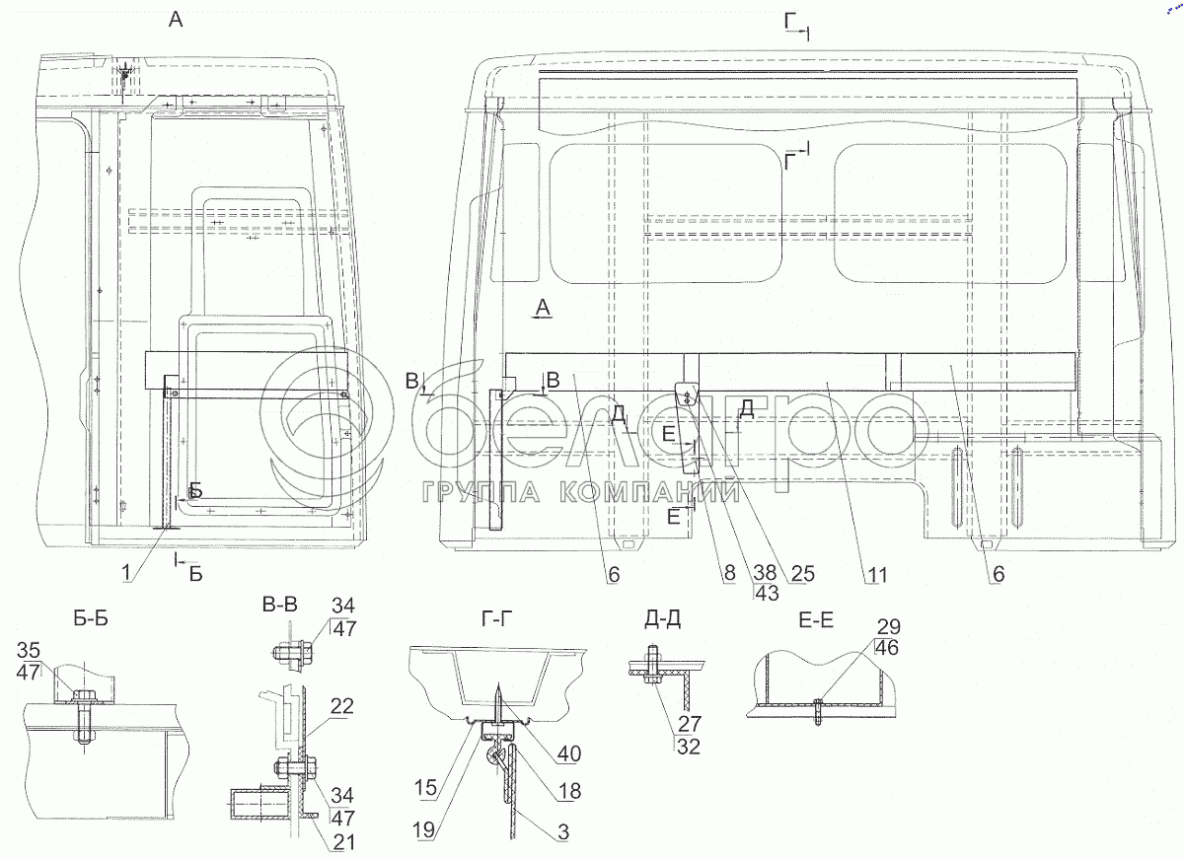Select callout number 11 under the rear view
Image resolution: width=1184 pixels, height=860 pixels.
[877, 575]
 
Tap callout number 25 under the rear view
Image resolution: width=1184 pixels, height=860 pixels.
[802, 573]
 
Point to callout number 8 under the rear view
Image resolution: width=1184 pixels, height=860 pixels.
[729, 573]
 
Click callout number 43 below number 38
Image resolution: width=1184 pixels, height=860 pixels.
[767, 593]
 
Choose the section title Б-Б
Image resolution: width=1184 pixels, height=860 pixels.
[91, 618]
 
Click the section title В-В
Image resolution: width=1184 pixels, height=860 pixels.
[279, 604]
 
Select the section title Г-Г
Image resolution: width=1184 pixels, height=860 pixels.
[497, 618]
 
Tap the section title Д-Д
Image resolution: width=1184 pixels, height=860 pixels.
[662, 619]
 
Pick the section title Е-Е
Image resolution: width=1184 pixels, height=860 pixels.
[816, 620]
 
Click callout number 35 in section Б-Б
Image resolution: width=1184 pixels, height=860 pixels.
[29, 650]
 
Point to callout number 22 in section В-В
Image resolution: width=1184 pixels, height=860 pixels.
[341, 706]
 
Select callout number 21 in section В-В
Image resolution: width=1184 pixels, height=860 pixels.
[343, 842]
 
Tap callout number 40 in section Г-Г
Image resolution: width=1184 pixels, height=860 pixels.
[568, 753]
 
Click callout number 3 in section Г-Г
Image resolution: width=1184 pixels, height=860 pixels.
[563, 832]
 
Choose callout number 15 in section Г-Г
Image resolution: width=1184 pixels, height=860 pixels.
[425, 788]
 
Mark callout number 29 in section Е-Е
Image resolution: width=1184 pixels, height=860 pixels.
[889, 627]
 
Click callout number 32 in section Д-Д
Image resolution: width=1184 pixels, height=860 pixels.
[689, 747]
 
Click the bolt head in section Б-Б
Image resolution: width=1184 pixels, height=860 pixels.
[81, 694]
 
